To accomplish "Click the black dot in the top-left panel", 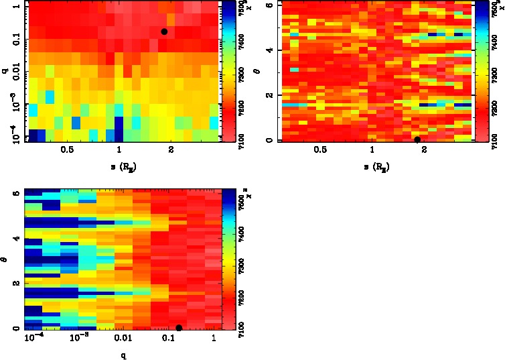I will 164,32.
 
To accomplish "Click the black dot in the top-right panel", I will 417,139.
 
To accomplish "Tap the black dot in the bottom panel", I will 179,328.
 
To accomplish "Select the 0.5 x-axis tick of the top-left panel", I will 67,150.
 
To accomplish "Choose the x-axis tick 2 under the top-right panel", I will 424,150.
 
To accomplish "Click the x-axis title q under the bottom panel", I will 123,355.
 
